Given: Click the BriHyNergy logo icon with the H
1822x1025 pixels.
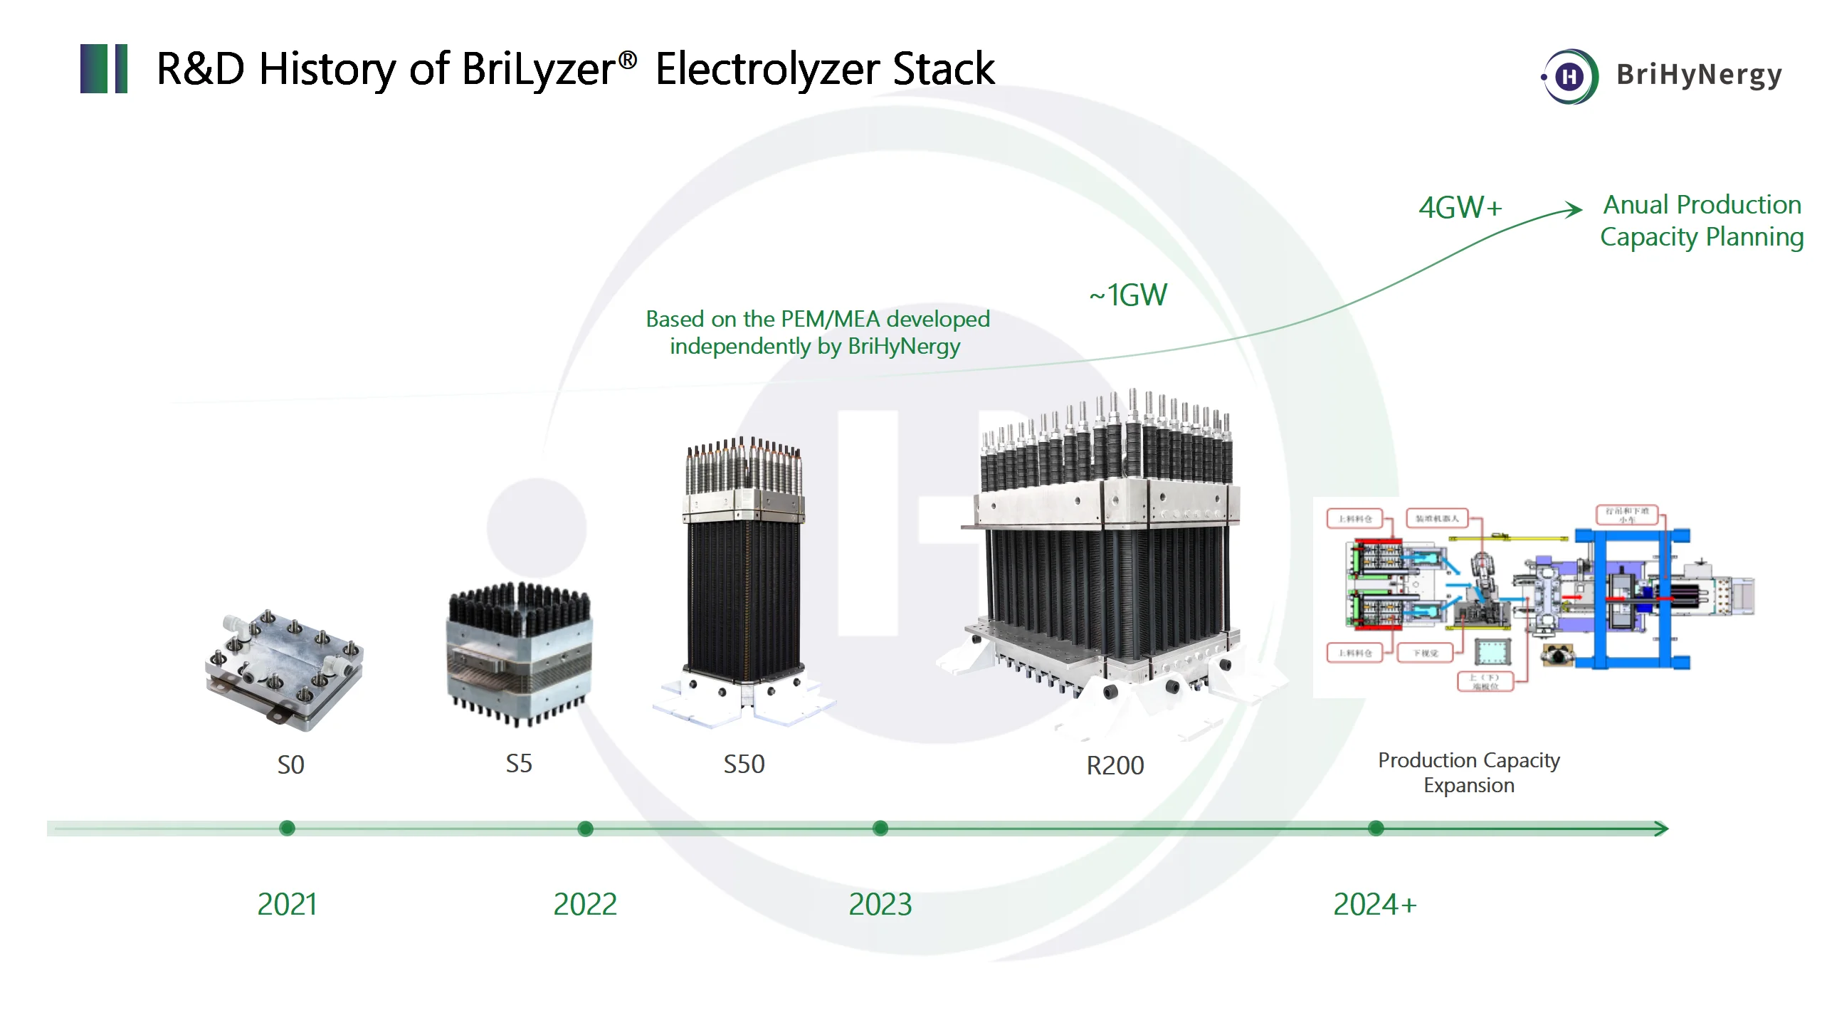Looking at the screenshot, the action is click(1570, 76).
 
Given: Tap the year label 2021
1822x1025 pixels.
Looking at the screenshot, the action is click(287, 905).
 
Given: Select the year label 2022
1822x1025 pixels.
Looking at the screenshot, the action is click(585, 905).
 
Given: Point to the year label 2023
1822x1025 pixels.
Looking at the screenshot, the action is click(880, 905).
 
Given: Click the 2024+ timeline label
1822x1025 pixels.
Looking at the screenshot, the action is click(1374, 905).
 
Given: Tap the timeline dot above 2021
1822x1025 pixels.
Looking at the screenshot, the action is click(287, 828).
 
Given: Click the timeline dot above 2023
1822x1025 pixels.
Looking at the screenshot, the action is click(880, 828).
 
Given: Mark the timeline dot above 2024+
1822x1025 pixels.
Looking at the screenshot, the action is click(1376, 828).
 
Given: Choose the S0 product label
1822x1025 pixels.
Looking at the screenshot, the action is click(290, 765).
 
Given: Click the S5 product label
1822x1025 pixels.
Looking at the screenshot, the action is click(519, 764).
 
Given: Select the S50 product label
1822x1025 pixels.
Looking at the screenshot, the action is click(744, 764).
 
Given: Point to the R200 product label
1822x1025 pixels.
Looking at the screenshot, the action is click(1115, 766).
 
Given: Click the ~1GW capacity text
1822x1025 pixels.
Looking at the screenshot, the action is click(1128, 295).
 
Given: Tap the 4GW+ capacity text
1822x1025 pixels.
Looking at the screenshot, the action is click(1460, 208).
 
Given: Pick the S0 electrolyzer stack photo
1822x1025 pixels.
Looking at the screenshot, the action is click(285, 669).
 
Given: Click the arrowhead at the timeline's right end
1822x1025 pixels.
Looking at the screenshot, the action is click(1661, 829).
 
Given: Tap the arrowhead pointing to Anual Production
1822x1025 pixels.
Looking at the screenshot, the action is click(1574, 209).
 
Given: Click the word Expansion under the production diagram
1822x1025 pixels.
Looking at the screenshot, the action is click(1468, 786).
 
